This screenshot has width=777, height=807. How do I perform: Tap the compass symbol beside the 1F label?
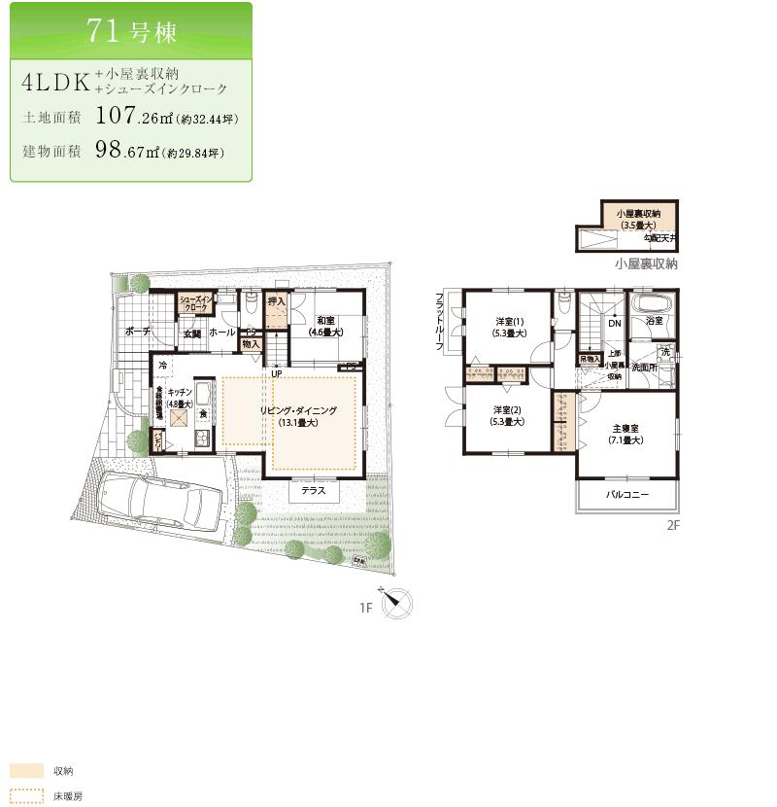[x=396, y=605]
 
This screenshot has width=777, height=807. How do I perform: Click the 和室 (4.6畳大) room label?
[x=325, y=326]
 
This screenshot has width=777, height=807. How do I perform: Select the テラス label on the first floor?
[x=313, y=491]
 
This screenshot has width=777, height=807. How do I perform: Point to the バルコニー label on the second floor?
[x=627, y=495]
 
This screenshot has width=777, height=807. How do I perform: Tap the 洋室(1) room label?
[x=510, y=328]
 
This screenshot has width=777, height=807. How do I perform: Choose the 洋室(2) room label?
[x=509, y=415]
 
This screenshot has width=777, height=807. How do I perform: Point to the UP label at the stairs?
[x=277, y=373]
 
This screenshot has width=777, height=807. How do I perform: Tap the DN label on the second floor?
[x=614, y=323]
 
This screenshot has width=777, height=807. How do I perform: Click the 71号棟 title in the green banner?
[x=131, y=30]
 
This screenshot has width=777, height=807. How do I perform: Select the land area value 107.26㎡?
[x=130, y=117]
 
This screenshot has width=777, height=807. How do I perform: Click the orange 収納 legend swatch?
[x=26, y=770]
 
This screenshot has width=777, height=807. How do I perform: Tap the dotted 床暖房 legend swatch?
[x=26, y=794]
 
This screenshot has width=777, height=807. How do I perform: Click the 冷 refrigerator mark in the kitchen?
[x=163, y=365]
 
